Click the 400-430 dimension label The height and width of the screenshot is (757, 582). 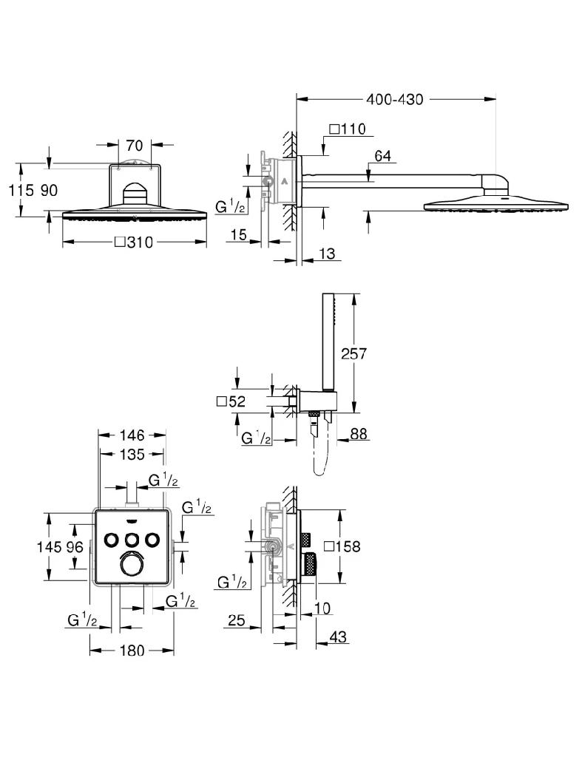click(394, 99)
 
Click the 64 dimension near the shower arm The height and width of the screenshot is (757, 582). click(382, 156)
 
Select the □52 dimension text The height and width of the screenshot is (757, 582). click(230, 402)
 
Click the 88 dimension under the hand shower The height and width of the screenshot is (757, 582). click(359, 435)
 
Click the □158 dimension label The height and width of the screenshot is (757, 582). click(365, 547)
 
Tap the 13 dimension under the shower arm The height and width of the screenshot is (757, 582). click(326, 254)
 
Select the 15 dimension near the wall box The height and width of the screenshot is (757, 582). click(237, 234)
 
